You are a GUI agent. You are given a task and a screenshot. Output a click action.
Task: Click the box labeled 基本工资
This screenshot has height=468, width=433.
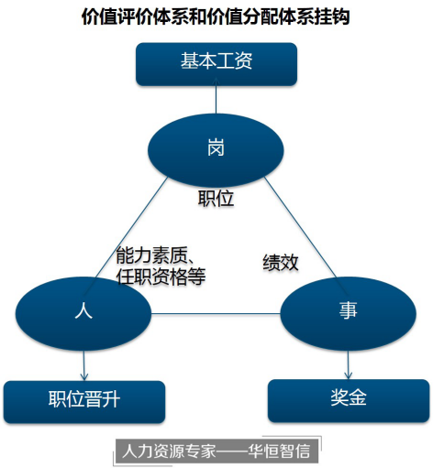[216, 64]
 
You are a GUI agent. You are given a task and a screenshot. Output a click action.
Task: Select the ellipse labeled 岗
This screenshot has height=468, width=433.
[216, 150]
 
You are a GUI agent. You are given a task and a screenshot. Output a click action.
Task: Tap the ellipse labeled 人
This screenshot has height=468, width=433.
[83, 313]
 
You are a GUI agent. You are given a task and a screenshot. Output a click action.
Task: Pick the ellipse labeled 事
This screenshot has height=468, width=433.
[348, 313]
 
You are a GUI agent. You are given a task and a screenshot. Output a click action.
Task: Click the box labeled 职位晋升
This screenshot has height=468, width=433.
[84, 402]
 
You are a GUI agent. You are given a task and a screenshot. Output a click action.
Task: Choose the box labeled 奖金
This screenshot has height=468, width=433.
[349, 401]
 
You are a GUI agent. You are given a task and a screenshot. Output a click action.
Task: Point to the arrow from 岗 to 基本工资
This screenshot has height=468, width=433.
[216, 95]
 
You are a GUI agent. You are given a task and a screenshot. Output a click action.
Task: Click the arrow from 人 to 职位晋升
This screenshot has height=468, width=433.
[84, 365]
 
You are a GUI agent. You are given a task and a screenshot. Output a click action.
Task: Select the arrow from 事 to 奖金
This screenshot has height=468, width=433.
[349, 365]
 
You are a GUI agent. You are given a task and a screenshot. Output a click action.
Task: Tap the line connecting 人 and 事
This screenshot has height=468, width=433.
[216, 313]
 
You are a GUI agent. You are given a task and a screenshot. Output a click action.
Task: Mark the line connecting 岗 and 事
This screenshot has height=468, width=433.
[301, 227]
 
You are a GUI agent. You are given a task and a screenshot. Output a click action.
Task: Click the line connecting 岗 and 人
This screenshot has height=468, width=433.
[131, 227]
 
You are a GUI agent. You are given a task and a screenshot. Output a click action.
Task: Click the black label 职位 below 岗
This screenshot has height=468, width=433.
[216, 199]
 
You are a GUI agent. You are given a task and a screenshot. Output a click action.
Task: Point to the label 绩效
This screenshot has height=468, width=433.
[281, 262]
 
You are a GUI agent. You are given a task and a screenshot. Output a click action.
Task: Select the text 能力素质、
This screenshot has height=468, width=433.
[155, 255]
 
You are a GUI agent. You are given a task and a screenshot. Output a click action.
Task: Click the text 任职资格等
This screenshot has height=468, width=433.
[161, 277]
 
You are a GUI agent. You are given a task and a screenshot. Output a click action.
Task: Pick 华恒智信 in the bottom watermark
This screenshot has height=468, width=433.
[279, 451]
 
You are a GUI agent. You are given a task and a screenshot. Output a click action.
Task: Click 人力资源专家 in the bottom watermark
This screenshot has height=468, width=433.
[169, 451]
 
